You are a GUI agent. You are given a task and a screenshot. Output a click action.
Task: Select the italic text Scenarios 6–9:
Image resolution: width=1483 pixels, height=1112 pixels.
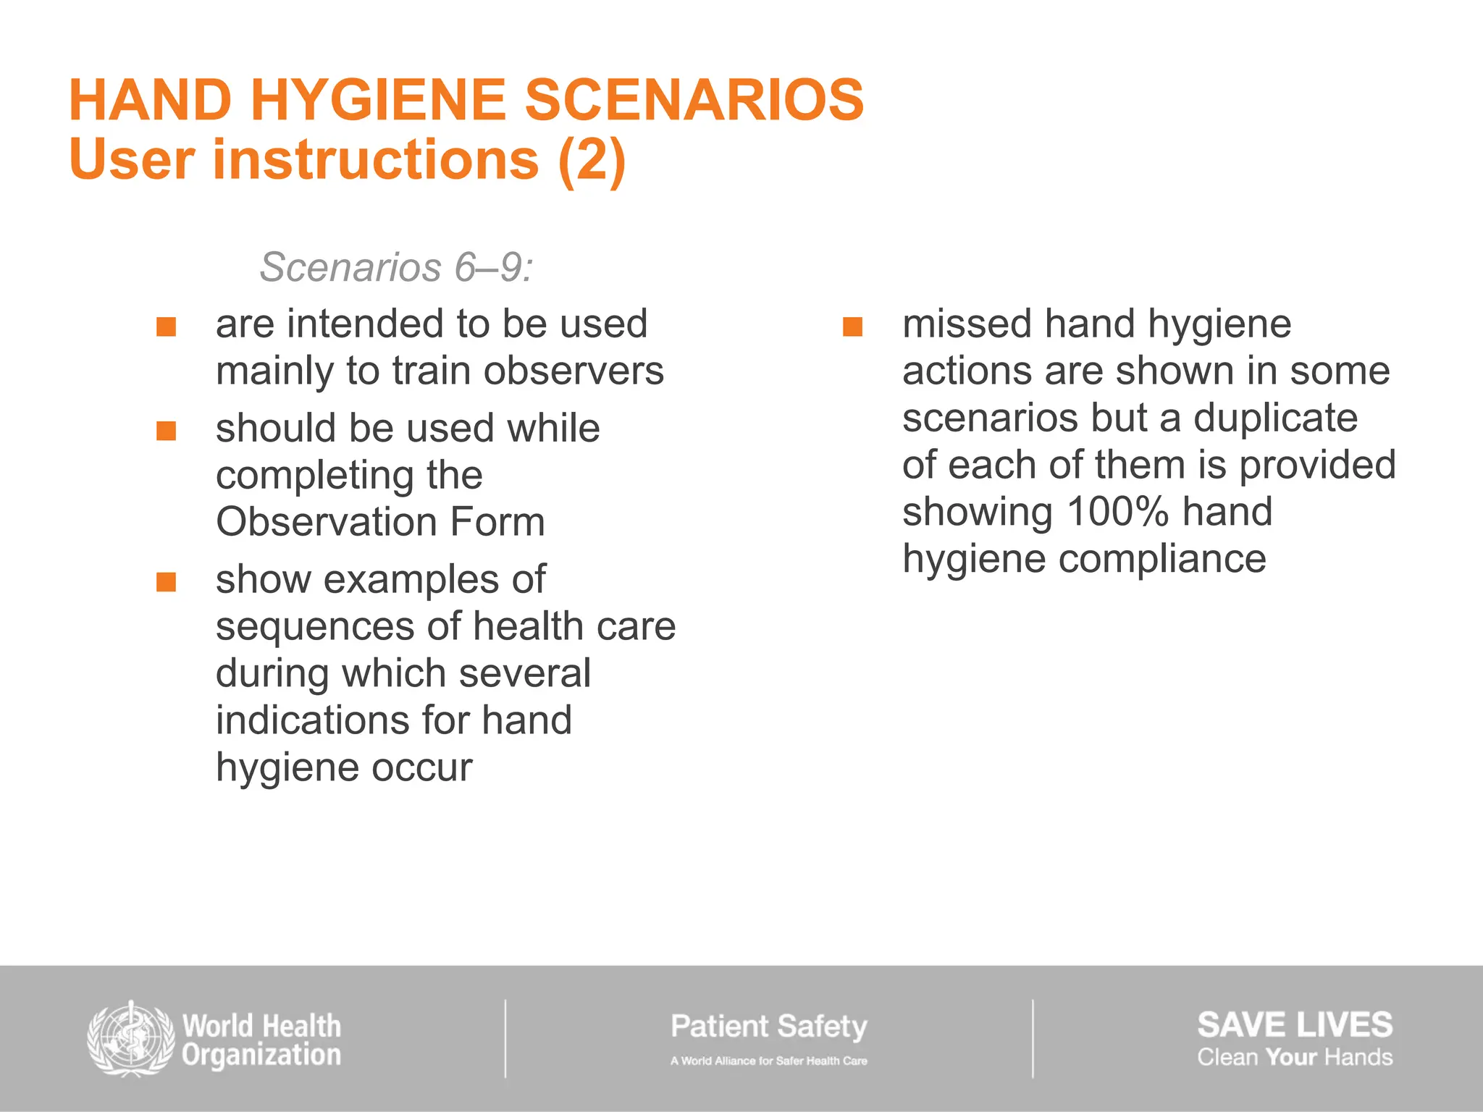[396, 267]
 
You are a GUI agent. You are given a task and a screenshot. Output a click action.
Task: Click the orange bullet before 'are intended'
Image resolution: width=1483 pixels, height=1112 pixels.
[167, 327]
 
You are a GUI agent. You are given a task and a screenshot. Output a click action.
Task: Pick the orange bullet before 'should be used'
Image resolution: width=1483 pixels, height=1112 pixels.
[167, 431]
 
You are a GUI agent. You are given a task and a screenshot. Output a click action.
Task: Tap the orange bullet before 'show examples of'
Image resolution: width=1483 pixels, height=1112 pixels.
[167, 582]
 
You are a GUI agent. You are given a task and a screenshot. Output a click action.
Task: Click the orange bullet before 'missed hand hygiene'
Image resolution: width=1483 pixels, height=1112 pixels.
[853, 327]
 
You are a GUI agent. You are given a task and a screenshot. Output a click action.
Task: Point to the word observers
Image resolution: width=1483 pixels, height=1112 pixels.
[574, 371]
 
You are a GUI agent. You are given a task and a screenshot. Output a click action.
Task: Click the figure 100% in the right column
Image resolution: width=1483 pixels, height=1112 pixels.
[1117, 512]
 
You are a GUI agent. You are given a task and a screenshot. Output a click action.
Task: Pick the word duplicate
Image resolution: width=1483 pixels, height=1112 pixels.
[1275, 418]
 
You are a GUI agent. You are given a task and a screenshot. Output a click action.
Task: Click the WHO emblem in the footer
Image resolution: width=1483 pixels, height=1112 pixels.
[130, 1039]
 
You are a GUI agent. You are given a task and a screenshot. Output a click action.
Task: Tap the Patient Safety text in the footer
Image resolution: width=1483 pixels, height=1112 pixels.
[768, 1027]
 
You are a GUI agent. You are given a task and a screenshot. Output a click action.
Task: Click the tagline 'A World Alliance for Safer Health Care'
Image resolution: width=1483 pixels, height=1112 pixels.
[768, 1061]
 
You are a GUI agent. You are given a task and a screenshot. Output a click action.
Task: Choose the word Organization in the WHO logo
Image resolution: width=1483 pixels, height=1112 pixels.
[261, 1056]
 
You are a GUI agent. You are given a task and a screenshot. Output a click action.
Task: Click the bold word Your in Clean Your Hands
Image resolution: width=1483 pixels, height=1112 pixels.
[1291, 1058]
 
